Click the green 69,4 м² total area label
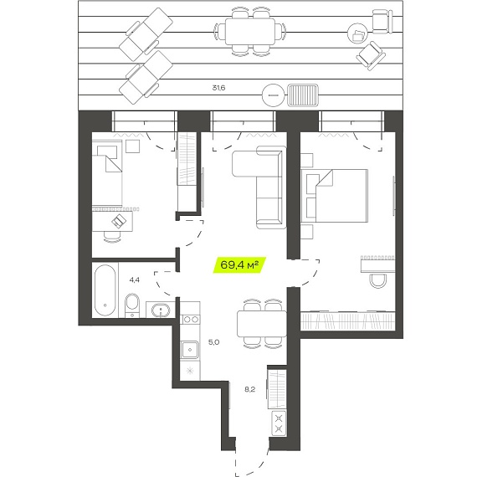pyautogui.click(x=239, y=265)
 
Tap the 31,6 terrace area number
pyautogui.click(x=218, y=88)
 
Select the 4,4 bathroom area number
pyautogui.click(x=135, y=280)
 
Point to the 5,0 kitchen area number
pyautogui.click(x=214, y=342)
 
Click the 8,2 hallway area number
pyautogui.click(x=249, y=389)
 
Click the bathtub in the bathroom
pyautogui.click(x=105, y=290)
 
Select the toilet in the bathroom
pyautogui.click(x=132, y=305)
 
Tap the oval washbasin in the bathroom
pyautogui.click(x=161, y=310)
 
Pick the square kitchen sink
pyautogui.click(x=190, y=350)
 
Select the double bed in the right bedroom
pyautogui.click(x=335, y=196)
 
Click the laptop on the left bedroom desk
pyautogui.click(x=119, y=221)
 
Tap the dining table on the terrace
pyautogui.click(x=250, y=31)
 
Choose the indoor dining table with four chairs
pyautogui.click(x=262, y=324)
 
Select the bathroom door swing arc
pyautogui.click(x=162, y=285)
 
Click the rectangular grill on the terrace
pyautogui.click(x=303, y=95)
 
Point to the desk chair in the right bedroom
pyautogui.click(x=378, y=281)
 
